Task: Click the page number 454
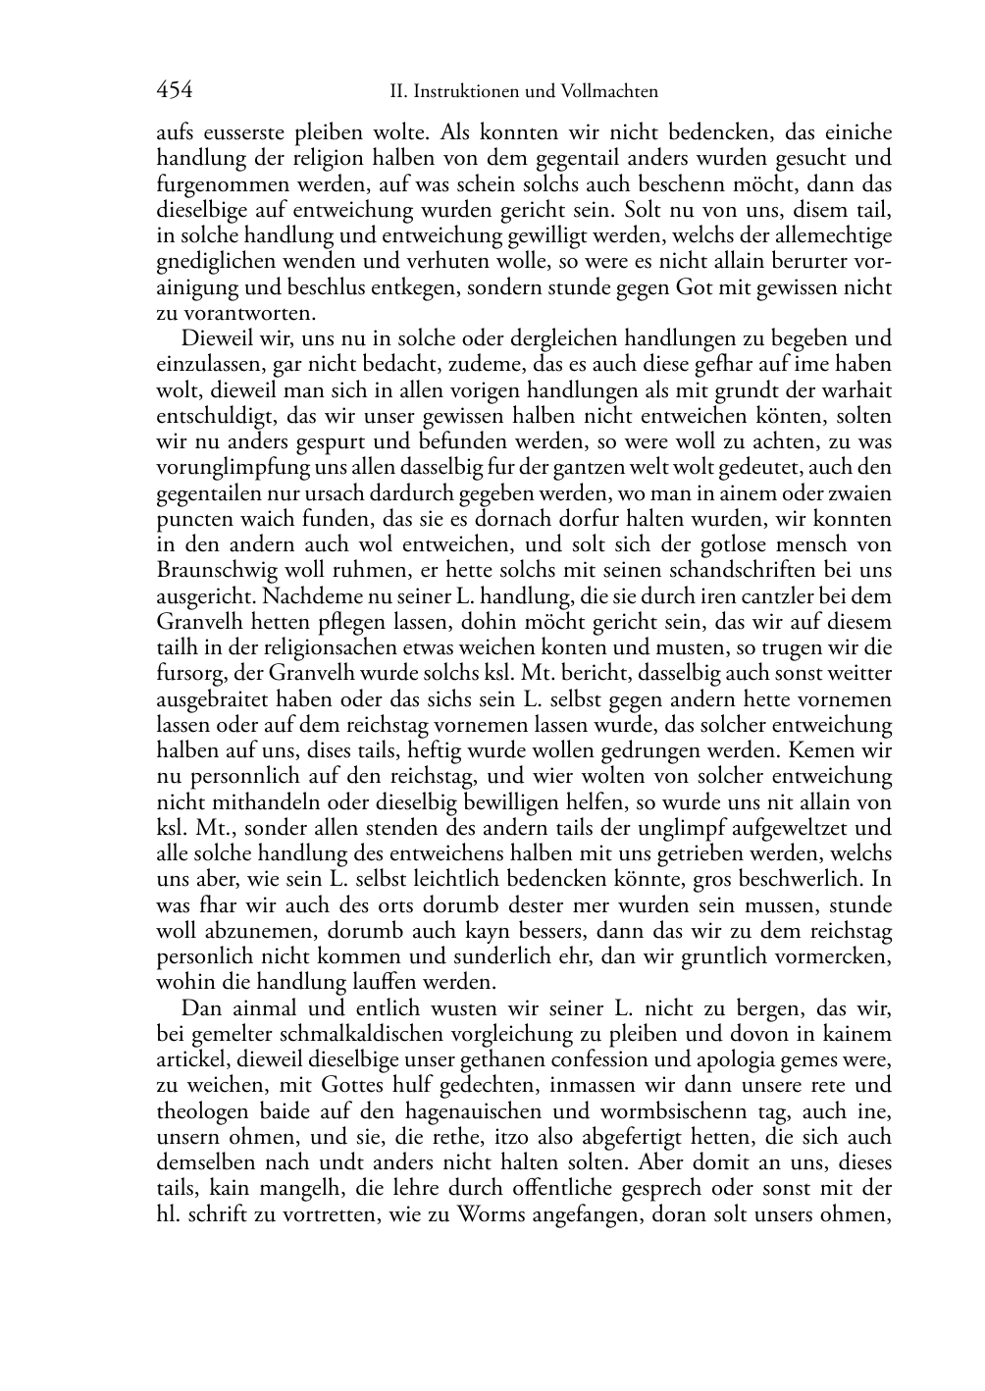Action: tap(175, 91)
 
